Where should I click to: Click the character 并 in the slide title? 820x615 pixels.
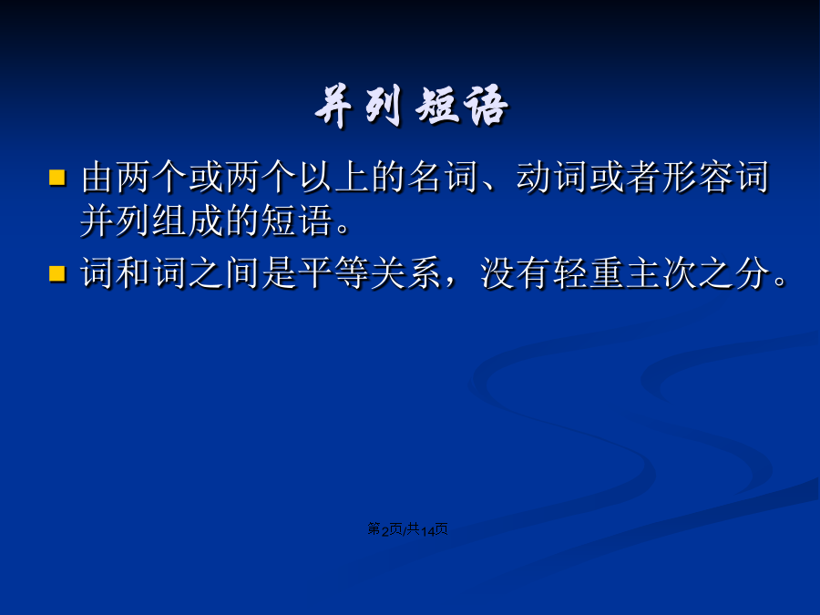point(333,107)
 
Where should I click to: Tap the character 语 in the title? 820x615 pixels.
point(486,107)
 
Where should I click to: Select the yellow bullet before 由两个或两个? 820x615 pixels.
point(57,178)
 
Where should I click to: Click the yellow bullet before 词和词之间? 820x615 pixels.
point(57,273)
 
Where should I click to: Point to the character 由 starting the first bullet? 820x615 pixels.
point(97,178)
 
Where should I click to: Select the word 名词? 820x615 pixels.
point(443,178)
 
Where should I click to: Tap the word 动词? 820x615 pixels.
point(552,178)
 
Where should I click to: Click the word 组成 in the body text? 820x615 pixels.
point(188,220)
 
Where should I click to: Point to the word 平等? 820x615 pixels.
point(333,273)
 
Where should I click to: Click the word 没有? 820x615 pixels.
point(515,273)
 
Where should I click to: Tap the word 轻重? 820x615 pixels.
point(588,273)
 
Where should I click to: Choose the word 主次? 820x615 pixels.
point(661,273)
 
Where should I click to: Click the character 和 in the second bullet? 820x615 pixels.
point(133,273)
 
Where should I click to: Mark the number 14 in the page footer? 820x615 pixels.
point(428,531)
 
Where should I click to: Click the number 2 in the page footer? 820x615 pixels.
point(384,531)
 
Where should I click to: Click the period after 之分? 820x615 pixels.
point(780,282)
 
